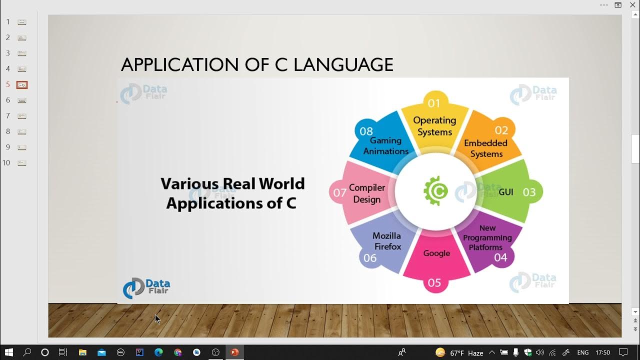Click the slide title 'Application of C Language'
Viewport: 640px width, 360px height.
point(257,65)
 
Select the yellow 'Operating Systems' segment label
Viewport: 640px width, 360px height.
point(434,126)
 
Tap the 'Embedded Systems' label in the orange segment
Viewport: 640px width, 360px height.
point(485,148)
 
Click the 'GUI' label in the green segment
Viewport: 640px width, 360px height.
point(505,192)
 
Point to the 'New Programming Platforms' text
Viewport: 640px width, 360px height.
point(487,237)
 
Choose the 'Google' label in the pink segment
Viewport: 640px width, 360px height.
point(436,253)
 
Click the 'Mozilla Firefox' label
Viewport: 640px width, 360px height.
point(387,241)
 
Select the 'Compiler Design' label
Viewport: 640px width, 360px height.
point(367,193)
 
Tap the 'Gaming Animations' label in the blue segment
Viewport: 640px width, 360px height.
point(385,146)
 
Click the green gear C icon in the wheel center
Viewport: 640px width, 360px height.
point(435,190)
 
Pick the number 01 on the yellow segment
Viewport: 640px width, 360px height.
point(434,103)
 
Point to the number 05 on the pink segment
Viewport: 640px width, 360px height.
point(434,283)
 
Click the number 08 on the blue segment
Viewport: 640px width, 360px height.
point(366,131)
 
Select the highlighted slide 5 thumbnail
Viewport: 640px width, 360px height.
point(22,85)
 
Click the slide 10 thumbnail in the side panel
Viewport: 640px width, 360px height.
point(22,163)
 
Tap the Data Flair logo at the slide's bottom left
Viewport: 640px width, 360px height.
point(146,288)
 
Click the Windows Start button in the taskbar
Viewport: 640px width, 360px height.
point(8,352)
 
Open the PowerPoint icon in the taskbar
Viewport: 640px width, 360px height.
point(234,352)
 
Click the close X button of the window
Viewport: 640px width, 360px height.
point(632,5)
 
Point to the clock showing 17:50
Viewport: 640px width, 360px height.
point(603,352)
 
